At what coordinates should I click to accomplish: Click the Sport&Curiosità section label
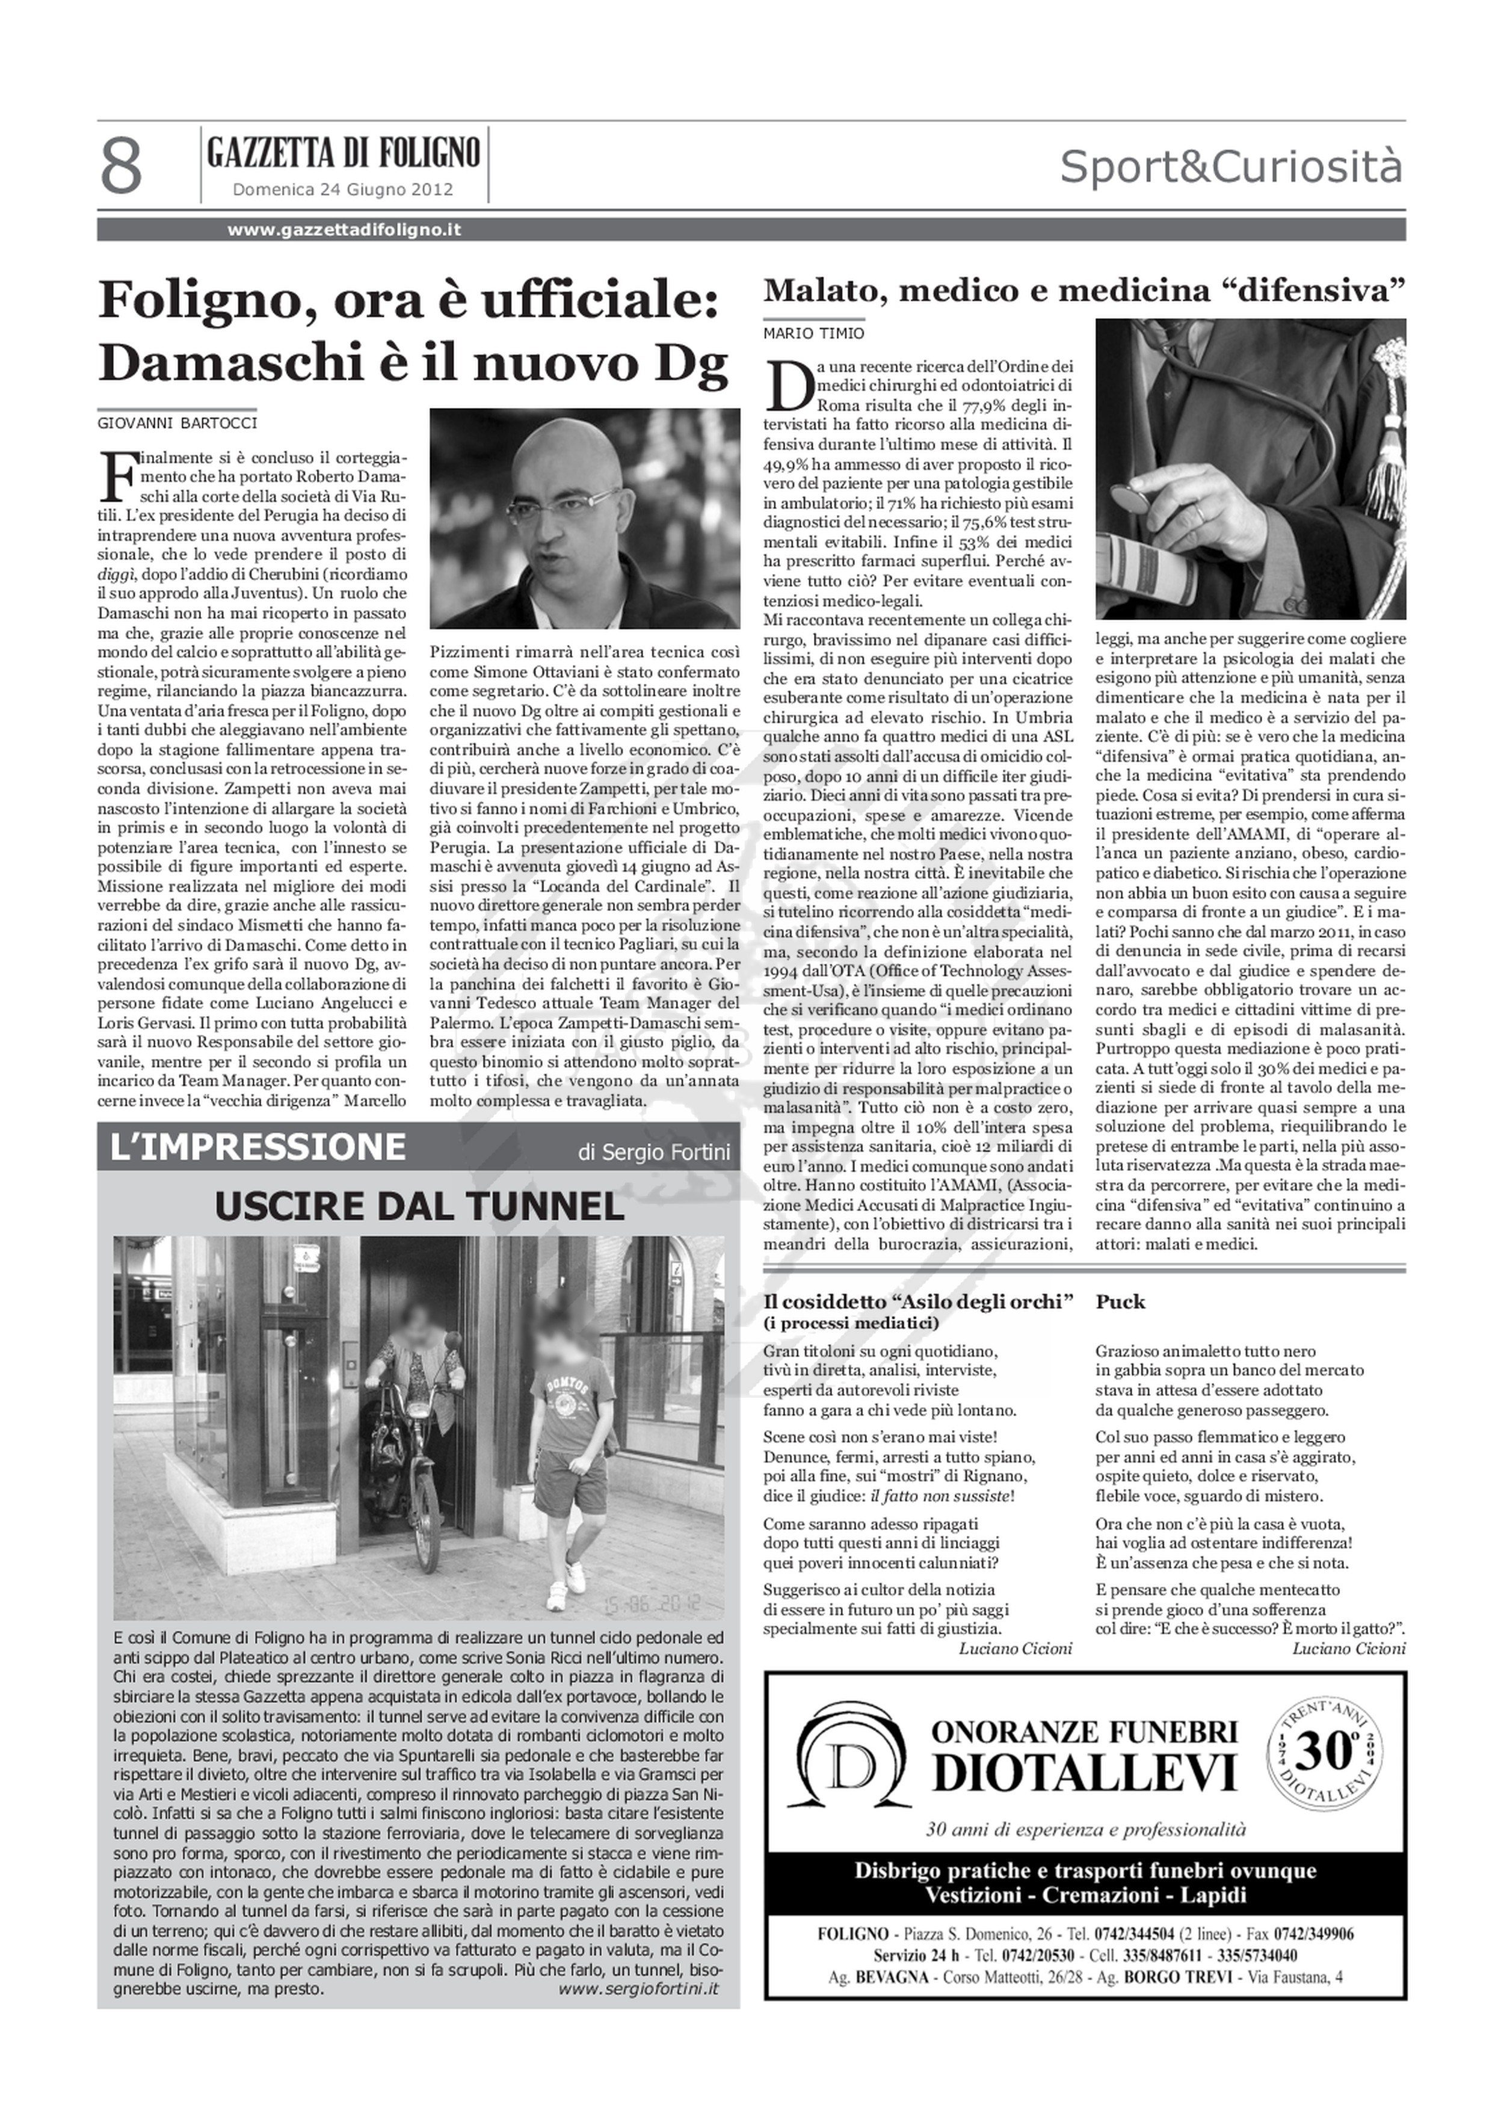pyautogui.click(x=1231, y=168)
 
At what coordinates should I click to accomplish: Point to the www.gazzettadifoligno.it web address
pyautogui.click(x=345, y=230)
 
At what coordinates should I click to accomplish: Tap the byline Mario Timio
pyautogui.click(x=813, y=333)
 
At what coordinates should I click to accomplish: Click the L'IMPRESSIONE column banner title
pyautogui.click(x=257, y=1147)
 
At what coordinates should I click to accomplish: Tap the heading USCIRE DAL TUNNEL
pyautogui.click(x=419, y=1207)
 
